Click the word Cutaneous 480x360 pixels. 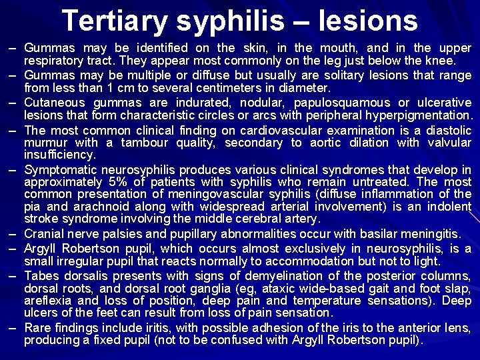coord(54,102)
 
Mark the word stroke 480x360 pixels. coord(40,219)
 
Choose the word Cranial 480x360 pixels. coord(45,233)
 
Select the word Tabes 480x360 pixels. coord(41,276)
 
